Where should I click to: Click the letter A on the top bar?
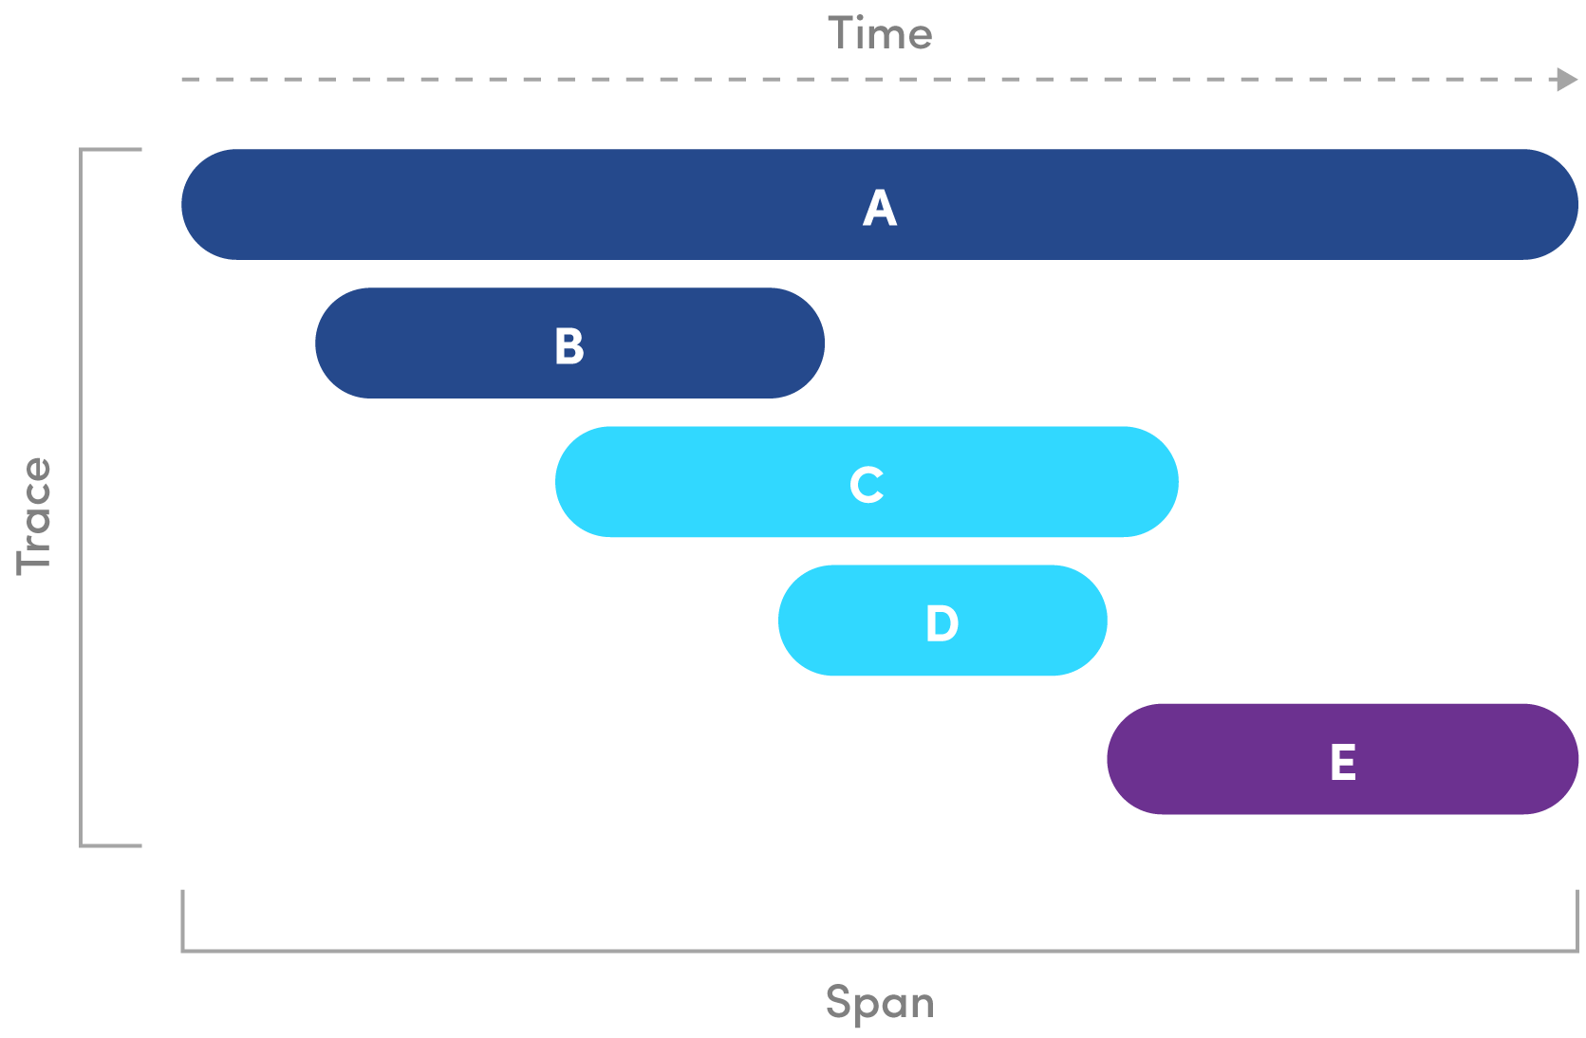click(879, 207)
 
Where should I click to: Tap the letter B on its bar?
click(569, 345)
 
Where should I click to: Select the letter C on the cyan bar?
click(867, 484)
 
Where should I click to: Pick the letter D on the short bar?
click(942, 622)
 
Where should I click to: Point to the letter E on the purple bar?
click(1342, 761)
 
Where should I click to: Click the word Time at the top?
click(880, 34)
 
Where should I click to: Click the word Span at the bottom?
click(880, 1003)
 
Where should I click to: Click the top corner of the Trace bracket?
click(82, 150)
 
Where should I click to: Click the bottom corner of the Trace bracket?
click(82, 844)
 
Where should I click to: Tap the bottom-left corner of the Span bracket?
click(183, 949)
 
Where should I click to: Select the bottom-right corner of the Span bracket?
click(1577, 949)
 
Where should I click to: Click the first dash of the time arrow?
click(190, 80)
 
